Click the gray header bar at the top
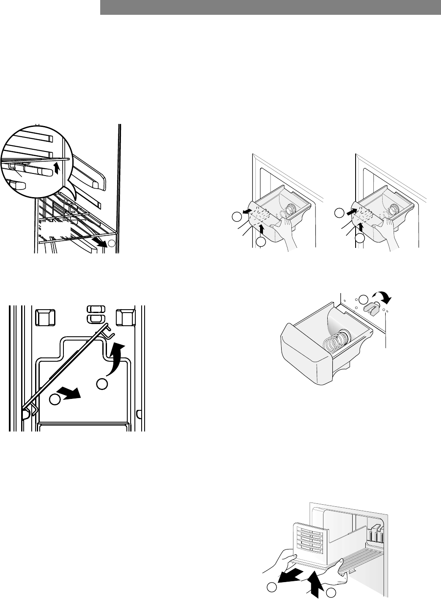coord(271,7)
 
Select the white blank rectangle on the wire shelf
coord(55,230)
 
